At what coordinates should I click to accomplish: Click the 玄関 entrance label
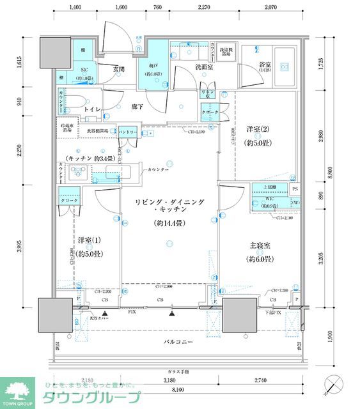pyautogui.click(x=118, y=69)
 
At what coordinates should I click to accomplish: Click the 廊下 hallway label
pyautogui.click(x=137, y=107)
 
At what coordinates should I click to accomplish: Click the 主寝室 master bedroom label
pyautogui.click(x=260, y=244)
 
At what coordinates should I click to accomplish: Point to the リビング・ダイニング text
pyautogui.click(x=169, y=202)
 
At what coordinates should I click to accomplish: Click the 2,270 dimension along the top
pyautogui.click(x=205, y=8)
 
